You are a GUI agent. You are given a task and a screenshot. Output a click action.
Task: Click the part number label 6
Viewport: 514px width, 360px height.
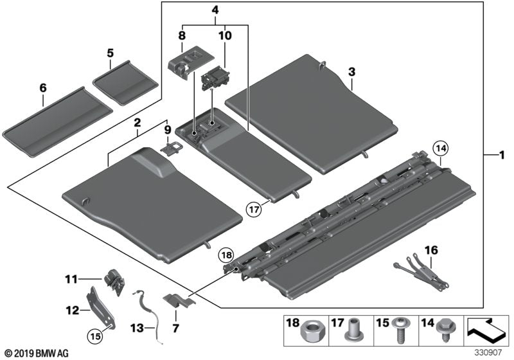pyautogui.click(x=42, y=100)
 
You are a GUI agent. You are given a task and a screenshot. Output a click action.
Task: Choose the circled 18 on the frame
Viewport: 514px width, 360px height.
pyautogui.click(x=226, y=255)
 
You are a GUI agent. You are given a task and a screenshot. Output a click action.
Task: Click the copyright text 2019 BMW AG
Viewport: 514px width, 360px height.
pyautogui.click(x=35, y=354)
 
